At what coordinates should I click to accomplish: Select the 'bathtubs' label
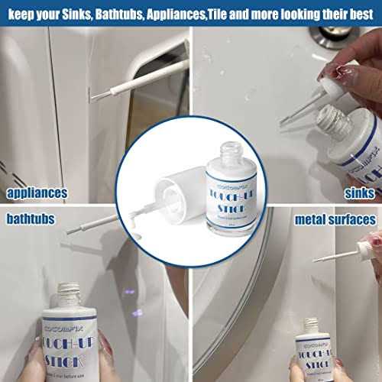31,219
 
